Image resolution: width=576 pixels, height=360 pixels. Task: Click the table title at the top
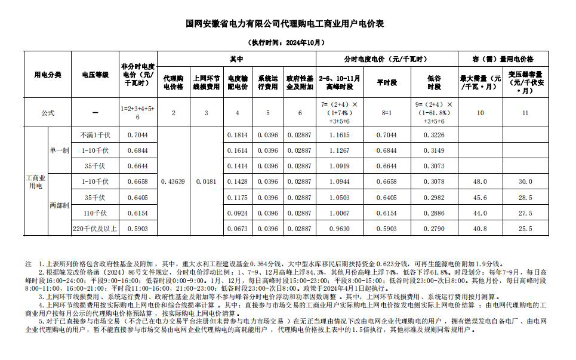point(288,24)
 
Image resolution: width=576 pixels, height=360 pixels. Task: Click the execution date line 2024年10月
point(287,43)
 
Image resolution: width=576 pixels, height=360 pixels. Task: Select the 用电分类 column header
point(47,75)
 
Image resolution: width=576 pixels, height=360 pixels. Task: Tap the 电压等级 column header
point(95,75)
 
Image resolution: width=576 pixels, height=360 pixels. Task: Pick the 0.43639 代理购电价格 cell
point(174,181)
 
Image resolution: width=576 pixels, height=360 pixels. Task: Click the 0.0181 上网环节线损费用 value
point(206,181)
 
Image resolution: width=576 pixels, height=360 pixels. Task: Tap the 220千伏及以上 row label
point(95,228)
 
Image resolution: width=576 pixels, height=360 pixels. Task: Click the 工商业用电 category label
point(36,181)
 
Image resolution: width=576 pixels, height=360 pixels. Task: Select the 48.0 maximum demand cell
point(480,181)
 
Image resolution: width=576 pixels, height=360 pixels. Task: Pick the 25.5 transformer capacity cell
point(525,228)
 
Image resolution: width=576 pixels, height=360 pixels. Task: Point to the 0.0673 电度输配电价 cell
point(238,228)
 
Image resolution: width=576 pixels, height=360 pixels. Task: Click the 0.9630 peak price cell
point(339,228)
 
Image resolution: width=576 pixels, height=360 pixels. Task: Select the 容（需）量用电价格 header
point(503,60)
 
